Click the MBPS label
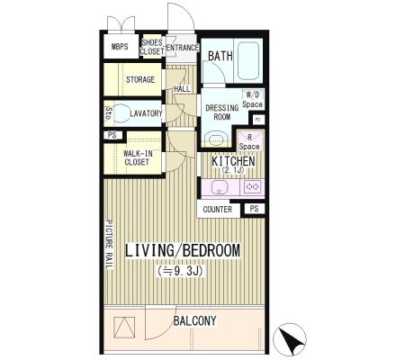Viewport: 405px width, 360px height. (x=120, y=47)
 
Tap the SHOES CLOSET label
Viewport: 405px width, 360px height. (x=152, y=47)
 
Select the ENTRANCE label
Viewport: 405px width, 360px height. (x=183, y=48)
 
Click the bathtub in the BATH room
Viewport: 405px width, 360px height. (x=248, y=60)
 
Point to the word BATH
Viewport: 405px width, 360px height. (x=220, y=56)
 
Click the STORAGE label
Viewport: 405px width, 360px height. (x=140, y=80)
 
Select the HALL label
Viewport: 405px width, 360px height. (x=182, y=89)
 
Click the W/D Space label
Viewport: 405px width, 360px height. (x=253, y=100)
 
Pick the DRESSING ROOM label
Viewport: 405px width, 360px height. (x=222, y=112)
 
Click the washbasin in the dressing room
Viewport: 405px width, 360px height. (x=216, y=139)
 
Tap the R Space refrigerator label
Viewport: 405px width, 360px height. (x=249, y=142)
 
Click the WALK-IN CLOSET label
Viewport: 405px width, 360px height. (x=138, y=157)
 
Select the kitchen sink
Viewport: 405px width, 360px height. (x=220, y=187)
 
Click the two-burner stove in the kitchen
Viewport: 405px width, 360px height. (x=252, y=187)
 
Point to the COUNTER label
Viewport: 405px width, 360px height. (x=218, y=210)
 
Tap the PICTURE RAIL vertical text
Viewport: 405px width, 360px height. (x=109, y=245)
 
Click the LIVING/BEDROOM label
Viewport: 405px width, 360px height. (x=183, y=251)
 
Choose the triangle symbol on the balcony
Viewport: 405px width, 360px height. (x=124, y=328)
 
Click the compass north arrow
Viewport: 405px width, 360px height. (x=290, y=340)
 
